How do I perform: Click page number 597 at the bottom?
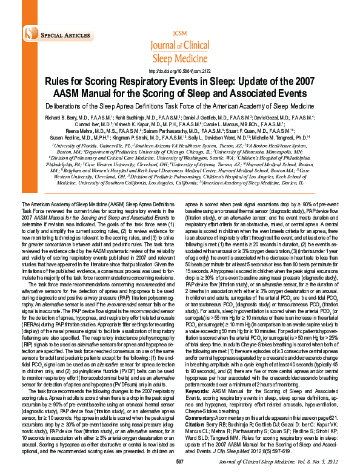(179, 463)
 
